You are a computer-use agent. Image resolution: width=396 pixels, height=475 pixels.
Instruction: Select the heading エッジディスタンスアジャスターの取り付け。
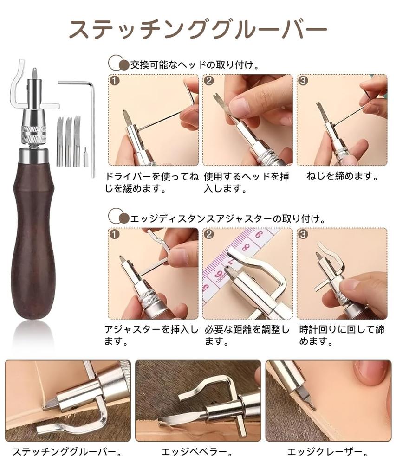click(227, 217)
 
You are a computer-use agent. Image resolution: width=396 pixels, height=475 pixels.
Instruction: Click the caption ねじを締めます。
click(343, 177)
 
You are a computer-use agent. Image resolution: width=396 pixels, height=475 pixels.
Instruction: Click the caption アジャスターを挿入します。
click(151, 336)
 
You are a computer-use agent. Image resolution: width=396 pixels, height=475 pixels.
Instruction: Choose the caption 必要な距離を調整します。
click(247, 336)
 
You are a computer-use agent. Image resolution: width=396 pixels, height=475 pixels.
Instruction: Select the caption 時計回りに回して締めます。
click(342, 336)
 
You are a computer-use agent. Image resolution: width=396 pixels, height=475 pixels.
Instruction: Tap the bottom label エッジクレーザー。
click(328, 451)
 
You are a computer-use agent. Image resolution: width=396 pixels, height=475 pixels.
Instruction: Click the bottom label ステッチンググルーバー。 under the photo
click(67, 451)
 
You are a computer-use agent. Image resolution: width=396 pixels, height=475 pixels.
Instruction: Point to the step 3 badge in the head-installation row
click(304, 81)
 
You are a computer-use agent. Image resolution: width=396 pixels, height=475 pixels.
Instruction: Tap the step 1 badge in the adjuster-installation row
click(115, 235)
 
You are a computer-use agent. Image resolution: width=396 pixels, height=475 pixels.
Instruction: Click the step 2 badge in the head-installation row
click(209, 81)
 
